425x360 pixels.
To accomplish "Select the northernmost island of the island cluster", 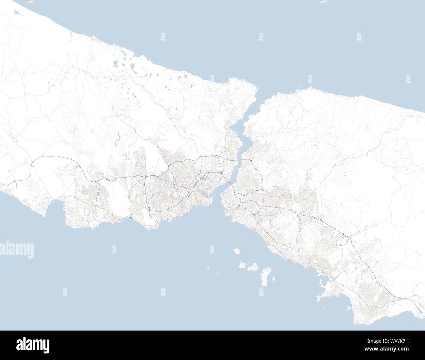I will click(237, 252).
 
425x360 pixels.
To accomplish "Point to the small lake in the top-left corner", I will click(17, 14).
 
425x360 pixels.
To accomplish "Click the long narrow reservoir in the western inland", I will click(117, 141).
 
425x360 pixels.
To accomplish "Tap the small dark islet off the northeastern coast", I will click(300, 87).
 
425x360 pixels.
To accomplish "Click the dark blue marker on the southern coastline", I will click(130, 216).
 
